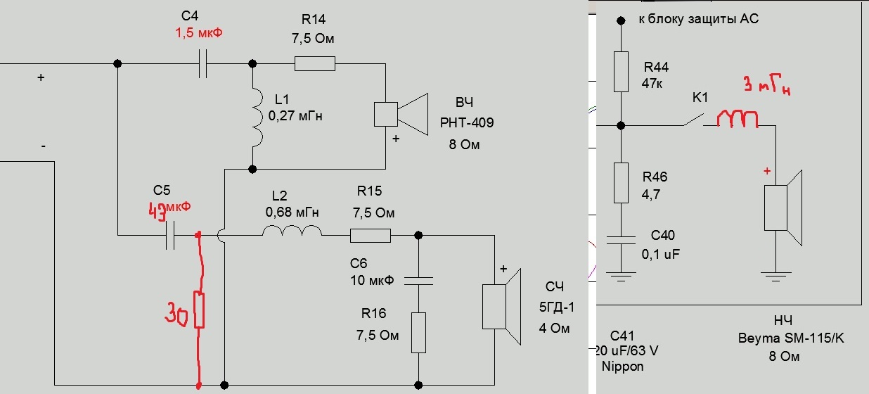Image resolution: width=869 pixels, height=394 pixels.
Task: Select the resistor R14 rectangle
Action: point(315,64)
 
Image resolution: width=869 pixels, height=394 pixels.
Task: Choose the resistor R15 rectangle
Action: point(371,236)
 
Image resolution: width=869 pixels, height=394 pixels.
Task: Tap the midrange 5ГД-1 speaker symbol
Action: point(501,307)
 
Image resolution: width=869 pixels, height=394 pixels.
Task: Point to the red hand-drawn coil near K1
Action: point(738,120)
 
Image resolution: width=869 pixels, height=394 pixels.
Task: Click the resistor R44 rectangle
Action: point(620,71)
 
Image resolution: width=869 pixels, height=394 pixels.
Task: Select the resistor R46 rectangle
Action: point(620,183)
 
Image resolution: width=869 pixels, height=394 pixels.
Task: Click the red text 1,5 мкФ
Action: point(198,33)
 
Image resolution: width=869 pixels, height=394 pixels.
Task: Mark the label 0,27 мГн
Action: point(295,115)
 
